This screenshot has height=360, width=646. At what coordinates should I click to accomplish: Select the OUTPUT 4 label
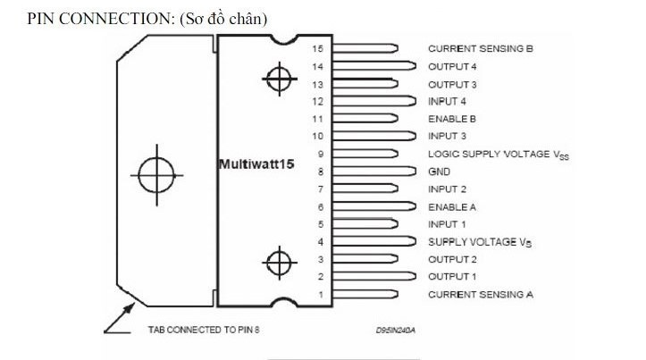point(453,66)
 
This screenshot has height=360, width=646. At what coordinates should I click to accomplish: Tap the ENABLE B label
point(452,118)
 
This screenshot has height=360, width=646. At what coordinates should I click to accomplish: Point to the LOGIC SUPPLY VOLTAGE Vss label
point(499,154)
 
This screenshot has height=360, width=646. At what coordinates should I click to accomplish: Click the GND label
point(439,171)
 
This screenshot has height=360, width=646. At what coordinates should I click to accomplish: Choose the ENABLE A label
point(452,206)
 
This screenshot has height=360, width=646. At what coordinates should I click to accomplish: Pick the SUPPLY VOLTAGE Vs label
point(474,241)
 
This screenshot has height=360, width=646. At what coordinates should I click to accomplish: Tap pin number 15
point(317,48)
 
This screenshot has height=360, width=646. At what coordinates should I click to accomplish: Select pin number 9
point(319,154)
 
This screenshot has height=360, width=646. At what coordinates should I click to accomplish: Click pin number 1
point(320,293)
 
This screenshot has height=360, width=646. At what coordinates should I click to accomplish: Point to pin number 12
point(317,101)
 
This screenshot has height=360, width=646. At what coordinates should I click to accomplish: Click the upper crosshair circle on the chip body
point(280,79)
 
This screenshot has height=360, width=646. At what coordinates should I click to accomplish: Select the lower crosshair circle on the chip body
point(280,264)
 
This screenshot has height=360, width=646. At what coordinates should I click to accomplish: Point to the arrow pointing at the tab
point(116,318)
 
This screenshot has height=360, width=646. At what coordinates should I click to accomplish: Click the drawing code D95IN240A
point(396,330)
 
